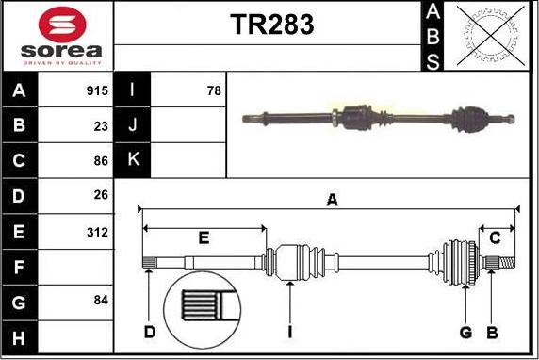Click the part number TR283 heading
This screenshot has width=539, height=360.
(x=272, y=25)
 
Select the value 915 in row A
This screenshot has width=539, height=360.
(x=97, y=91)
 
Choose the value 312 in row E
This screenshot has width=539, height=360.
(x=98, y=231)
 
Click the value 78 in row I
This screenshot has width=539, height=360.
(x=213, y=91)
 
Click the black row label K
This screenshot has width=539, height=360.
(x=133, y=160)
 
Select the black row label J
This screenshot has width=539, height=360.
(x=133, y=125)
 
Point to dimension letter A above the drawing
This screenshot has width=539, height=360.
(x=332, y=199)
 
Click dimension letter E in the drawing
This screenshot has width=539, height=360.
(x=204, y=237)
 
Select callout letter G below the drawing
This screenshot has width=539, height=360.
(x=465, y=332)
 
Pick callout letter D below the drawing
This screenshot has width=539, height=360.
(x=149, y=332)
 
